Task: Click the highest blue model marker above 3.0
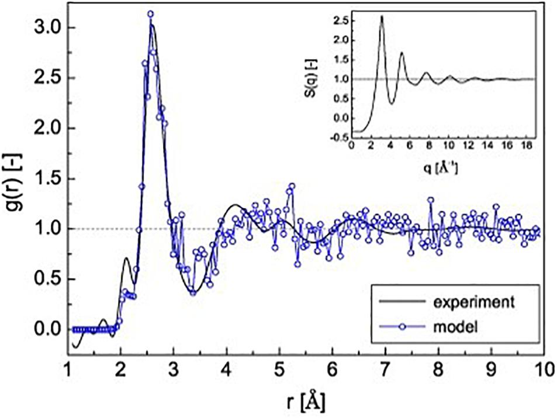click(150, 13)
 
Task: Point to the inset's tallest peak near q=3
click(382, 16)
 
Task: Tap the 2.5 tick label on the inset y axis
click(338, 20)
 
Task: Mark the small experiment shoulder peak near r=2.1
click(126, 258)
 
